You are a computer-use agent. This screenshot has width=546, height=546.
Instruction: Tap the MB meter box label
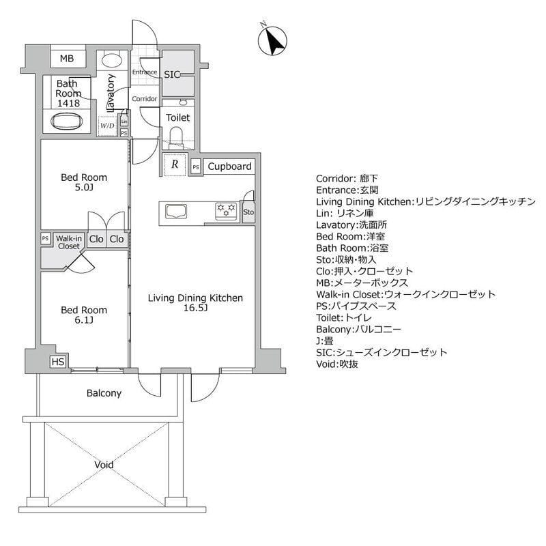point(66,59)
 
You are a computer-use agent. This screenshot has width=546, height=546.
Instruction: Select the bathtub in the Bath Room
point(67,124)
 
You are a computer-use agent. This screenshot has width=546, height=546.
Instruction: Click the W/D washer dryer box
point(107,126)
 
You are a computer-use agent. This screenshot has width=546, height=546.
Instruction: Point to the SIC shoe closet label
point(171,74)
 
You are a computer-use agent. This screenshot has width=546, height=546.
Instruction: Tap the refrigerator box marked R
point(175,164)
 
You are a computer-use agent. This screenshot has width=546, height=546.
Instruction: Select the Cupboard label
point(229,166)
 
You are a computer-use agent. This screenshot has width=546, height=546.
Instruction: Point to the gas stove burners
point(225,210)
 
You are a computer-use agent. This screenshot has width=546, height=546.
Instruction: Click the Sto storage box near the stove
point(248,212)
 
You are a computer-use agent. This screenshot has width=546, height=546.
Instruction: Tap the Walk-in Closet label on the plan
point(69,242)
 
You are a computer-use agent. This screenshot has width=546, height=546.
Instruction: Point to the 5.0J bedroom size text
point(84,188)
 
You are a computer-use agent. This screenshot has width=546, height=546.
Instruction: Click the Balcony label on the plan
point(104,393)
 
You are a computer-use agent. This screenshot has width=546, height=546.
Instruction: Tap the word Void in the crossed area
point(104,465)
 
